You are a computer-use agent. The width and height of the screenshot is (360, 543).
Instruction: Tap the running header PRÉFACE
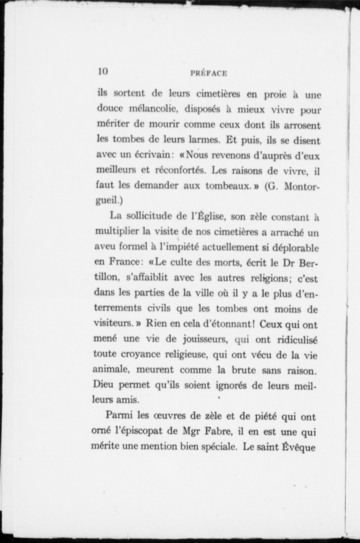pos(208,73)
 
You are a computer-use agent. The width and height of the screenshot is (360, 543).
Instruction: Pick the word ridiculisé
pos(297,340)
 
